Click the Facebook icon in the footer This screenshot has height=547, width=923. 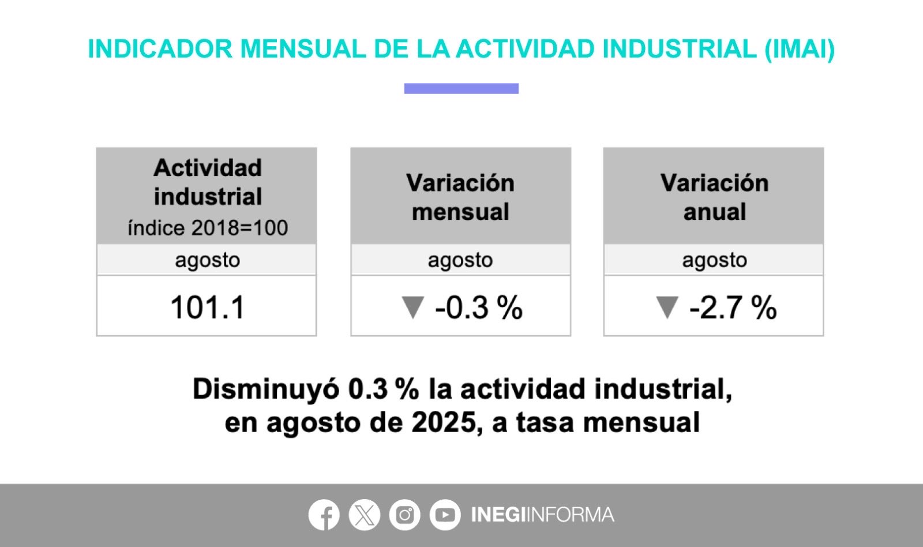(324, 514)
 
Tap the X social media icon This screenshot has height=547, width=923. (365, 514)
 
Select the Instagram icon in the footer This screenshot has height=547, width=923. (404, 514)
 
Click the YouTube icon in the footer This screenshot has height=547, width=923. (445, 514)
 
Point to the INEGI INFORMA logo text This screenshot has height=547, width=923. (542, 514)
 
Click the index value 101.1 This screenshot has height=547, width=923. (207, 307)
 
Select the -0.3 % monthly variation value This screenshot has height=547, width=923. (479, 307)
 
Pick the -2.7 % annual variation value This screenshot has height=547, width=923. (733, 307)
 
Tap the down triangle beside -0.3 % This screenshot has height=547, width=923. (412, 307)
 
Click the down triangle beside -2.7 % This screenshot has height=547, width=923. (666, 307)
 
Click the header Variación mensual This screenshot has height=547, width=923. (460, 197)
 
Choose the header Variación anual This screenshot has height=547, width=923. (714, 197)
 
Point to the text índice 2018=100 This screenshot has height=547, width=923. (208, 228)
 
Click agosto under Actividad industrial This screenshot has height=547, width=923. (207, 260)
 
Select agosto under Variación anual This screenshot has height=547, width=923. (714, 260)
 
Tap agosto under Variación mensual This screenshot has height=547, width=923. (460, 260)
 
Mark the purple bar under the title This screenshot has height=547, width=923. (461, 88)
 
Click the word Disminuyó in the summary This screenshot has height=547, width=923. (266, 389)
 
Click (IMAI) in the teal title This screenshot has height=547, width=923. (800, 49)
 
